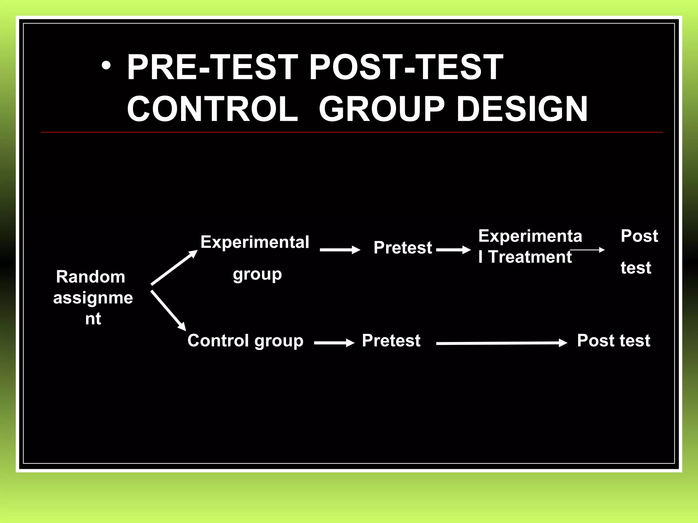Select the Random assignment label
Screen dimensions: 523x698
tap(93, 297)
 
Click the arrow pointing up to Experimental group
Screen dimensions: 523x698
tap(174, 268)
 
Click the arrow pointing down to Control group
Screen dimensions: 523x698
tap(168, 310)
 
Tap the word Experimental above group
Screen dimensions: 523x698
tap(255, 242)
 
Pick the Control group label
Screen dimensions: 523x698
tap(245, 340)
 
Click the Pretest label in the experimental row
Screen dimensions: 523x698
tap(403, 248)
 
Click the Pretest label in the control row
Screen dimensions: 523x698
tap(391, 340)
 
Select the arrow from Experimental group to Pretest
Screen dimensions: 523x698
tap(339, 250)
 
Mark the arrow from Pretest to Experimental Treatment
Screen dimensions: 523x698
tap(453, 250)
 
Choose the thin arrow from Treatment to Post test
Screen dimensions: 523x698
tap(587, 250)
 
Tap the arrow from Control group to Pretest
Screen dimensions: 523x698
tap(334, 343)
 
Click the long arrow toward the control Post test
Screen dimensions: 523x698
tap(501, 343)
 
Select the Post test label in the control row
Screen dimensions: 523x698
tap(613, 340)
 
